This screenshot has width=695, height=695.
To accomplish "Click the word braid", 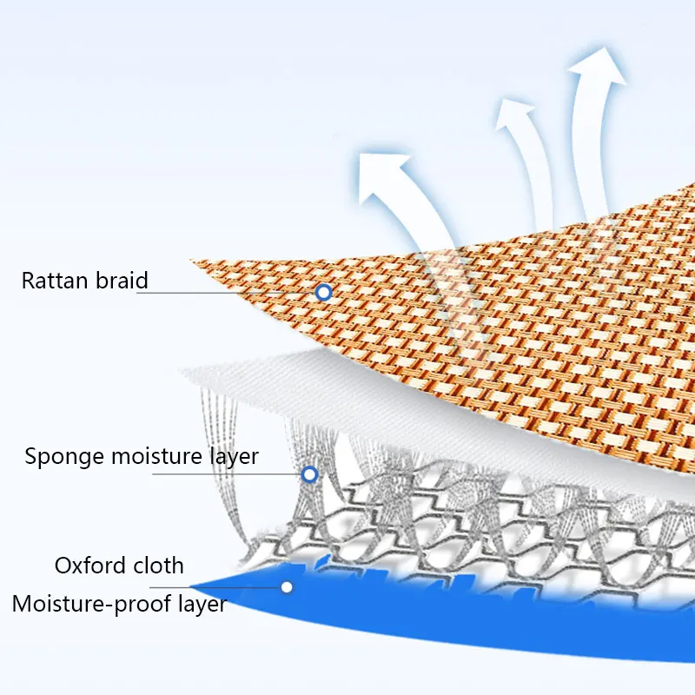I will coord(120,281).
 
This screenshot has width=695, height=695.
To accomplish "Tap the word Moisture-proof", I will coord(91,604).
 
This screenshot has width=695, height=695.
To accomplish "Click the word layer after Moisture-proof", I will coord(200,604).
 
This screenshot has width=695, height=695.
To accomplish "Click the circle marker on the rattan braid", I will coord(323,293).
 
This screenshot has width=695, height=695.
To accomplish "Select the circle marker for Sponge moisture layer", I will coord(308,474).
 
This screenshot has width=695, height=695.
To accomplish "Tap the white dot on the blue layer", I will coord(286,587).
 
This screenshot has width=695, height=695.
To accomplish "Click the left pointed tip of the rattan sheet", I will coord(193,261).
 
